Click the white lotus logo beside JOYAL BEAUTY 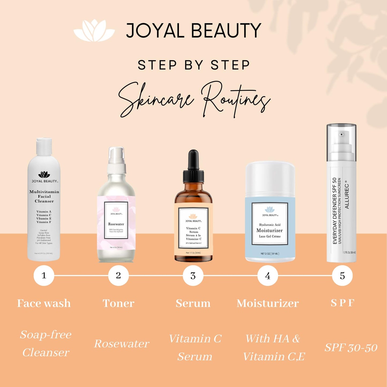click(x=94, y=31)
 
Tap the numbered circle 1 click(x=44, y=275)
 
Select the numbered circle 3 click(x=193, y=276)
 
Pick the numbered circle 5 click(x=342, y=276)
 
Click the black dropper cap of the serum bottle click(x=193, y=166)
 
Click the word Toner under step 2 click(x=118, y=303)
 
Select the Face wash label click(x=44, y=303)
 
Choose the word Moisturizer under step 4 click(x=268, y=303)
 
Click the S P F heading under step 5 click(x=342, y=303)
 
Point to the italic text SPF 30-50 click(x=351, y=348)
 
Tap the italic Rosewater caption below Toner click(x=122, y=344)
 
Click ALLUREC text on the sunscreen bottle click(x=347, y=196)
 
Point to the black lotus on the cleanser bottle click(x=44, y=175)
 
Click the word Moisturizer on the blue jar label click(x=269, y=230)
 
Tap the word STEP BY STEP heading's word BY click(x=194, y=65)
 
